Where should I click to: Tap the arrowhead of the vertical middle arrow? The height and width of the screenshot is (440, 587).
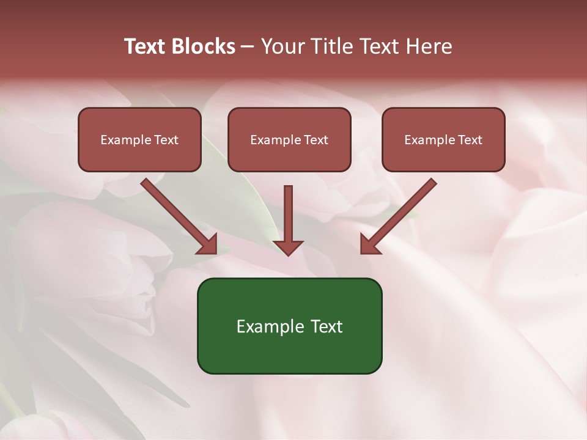[x=288, y=248]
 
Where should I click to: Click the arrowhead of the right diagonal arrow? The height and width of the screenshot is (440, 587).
[x=369, y=244]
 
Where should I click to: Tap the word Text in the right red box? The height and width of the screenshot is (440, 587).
[x=470, y=140]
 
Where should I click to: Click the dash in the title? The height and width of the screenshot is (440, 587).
[x=248, y=46]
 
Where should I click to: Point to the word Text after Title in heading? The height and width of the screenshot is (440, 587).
[x=376, y=46]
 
